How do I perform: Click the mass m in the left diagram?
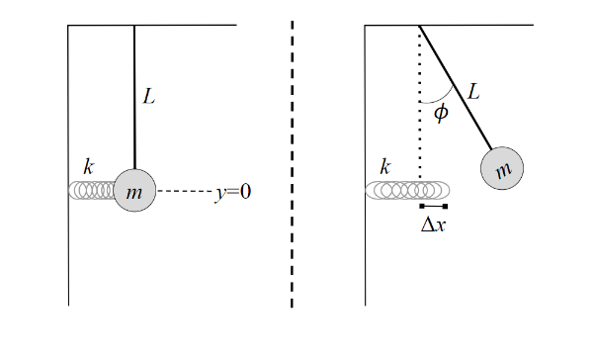(134, 191)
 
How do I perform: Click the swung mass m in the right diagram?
(503, 170)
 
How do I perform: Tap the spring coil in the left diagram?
(92, 190)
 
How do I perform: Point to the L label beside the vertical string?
(149, 98)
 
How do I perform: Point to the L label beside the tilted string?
(473, 92)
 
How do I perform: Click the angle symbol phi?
(441, 113)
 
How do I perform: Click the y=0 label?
(233, 192)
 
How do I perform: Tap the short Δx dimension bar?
(433, 206)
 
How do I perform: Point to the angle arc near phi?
(434, 100)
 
